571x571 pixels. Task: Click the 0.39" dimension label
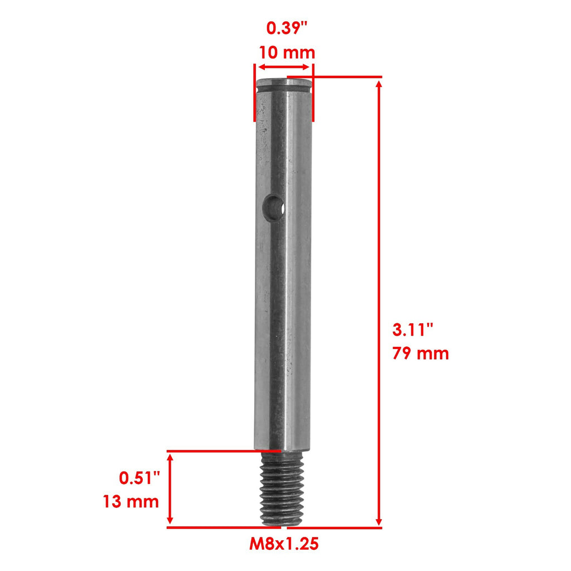tap(287, 28)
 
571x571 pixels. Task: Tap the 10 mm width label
tap(287, 53)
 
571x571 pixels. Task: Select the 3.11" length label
tap(413, 330)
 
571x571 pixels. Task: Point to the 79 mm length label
tap(420, 354)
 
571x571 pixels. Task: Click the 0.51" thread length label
tap(139, 478)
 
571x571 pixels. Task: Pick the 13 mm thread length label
tap(130, 501)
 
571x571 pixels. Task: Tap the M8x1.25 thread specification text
tap(284, 544)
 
